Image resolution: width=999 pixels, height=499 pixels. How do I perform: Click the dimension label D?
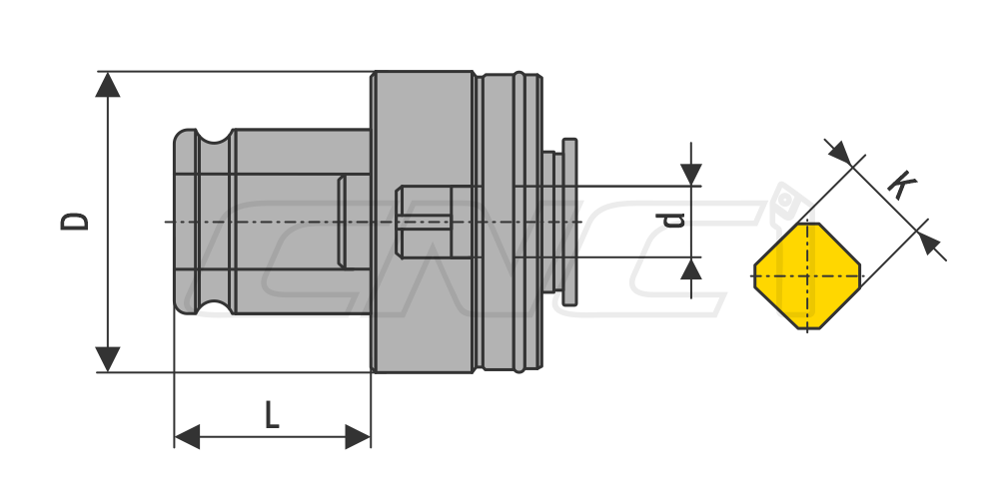[x=75, y=221]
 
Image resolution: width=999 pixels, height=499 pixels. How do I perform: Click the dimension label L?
[x=272, y=415]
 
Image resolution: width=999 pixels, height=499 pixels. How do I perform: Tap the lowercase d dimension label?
[x=671, y=220]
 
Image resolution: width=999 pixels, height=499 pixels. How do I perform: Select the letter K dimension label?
[x=902, y=184]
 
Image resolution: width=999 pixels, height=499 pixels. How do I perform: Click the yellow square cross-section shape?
[x=807, y=276]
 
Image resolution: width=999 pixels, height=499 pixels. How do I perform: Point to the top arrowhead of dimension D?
[x=108, y=85]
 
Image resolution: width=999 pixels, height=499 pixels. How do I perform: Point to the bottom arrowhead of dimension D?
[x=108, y=359]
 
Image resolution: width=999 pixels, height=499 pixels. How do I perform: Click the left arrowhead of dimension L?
[x=187, y=437]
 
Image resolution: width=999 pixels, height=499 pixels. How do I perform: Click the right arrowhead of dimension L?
[x=358, y=437]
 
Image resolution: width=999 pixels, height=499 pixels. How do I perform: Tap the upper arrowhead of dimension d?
[x=690, y=175]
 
